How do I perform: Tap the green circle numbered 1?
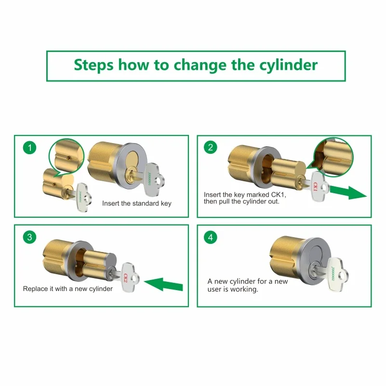pos(29,148)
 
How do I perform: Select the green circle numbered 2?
pos(211,147)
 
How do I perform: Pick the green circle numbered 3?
pos(29,237)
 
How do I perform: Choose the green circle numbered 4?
pos(211,237)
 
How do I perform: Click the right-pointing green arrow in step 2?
pos(348,192)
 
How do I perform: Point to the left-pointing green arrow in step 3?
pos(163,285)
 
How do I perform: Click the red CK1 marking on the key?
pos(315,186)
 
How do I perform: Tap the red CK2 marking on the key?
pos(125,278)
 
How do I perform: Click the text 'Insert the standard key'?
pos(137,203)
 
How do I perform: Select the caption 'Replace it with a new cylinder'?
pos(67,289)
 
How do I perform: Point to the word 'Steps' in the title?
pos(94,66)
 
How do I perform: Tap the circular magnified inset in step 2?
pos(333,157)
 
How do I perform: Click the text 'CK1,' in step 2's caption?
pos(279,195)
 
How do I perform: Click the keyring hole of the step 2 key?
pos(324,188)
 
